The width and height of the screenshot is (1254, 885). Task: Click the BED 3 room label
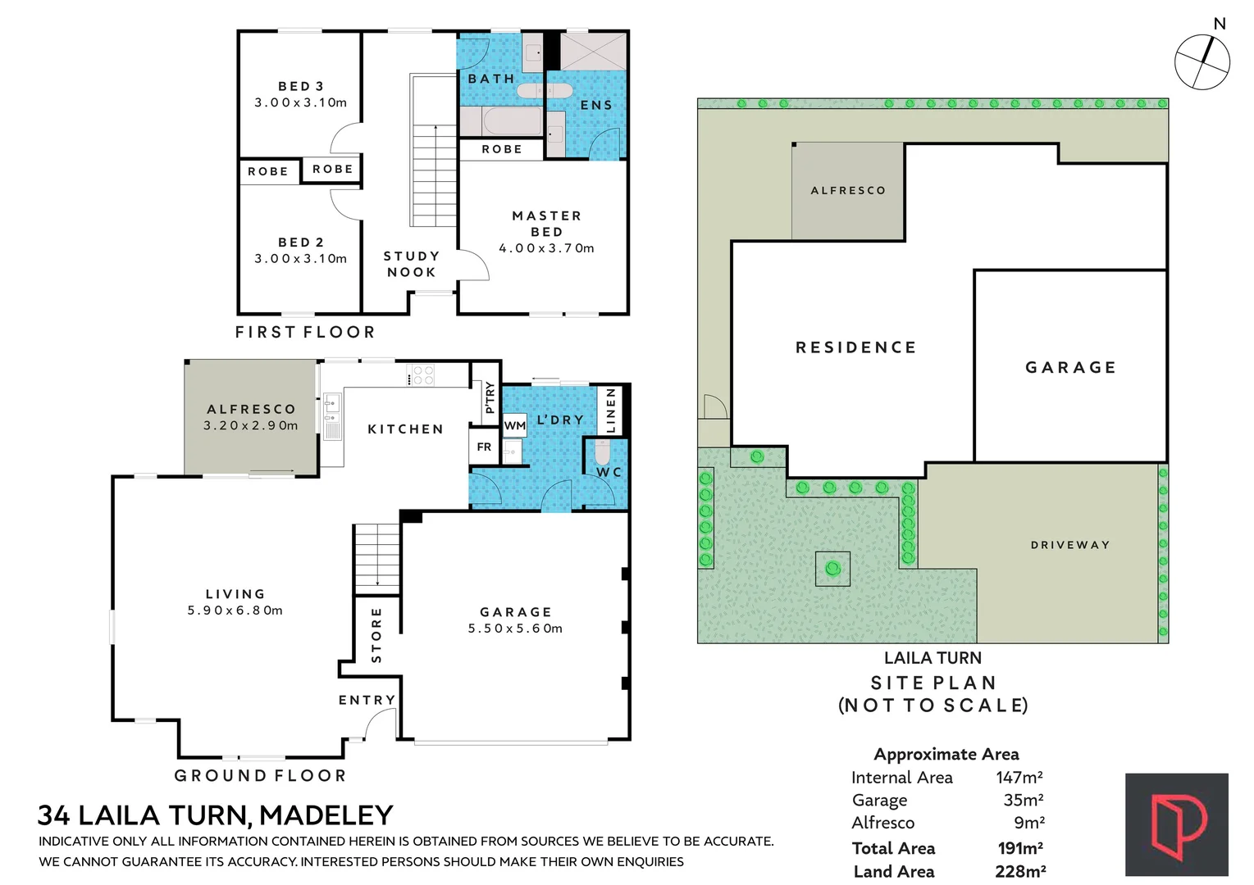300,86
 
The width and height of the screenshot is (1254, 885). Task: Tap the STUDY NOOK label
412,264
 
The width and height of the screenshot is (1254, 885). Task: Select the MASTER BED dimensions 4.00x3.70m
546,248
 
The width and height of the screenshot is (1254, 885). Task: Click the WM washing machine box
514,425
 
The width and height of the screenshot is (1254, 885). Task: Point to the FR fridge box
484,447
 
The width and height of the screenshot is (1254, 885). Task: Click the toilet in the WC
603,452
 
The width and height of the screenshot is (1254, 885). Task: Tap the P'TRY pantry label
490,397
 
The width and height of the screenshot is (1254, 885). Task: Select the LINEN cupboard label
610,411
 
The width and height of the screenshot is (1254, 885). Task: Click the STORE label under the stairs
376,635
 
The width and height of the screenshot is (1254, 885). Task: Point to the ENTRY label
367,700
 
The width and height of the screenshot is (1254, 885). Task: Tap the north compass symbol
1202,61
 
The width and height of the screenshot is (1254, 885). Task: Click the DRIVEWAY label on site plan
1069,545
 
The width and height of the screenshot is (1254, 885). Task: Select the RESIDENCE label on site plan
855,347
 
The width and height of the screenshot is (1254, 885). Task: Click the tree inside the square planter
832,569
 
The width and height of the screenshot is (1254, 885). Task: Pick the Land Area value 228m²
1019,871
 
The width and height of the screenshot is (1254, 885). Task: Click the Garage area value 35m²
1023,800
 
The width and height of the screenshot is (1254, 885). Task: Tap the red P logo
1176,824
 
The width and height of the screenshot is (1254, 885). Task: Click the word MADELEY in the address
326,815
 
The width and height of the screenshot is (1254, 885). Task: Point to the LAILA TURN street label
932,658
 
